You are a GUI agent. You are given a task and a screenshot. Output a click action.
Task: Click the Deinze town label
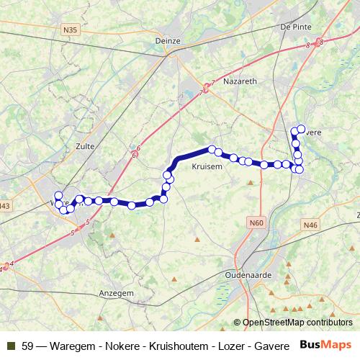tap(167, 41)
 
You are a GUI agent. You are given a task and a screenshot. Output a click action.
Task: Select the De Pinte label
tap(295, 27)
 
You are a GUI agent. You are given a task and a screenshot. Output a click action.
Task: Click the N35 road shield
tap(70, 30)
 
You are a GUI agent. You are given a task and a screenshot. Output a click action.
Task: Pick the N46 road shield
tap(310, 225)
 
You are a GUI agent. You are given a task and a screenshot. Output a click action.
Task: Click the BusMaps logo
tap(325, 345)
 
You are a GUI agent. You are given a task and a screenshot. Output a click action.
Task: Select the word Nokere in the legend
tap(110, 346)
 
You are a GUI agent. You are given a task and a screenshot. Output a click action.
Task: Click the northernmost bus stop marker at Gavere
tap(293, 130)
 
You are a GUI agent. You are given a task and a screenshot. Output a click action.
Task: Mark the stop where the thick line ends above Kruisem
tap(212, 150)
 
